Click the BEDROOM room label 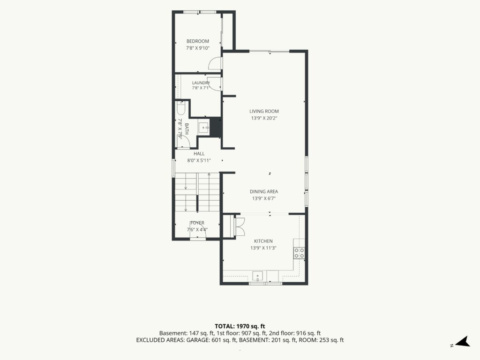click(198, 41)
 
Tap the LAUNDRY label click(201, 82)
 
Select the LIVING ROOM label click(264, 112)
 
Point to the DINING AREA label click(264, 192)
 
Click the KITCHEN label click(263, 241)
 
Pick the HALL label click(199, 154)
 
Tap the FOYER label click(197, 223)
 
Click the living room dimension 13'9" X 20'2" click(264, 118)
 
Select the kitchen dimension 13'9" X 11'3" click(263, 248)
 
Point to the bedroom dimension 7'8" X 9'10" click(198, 48)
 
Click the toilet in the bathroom click(181, 108)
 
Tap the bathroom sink click(203, 127)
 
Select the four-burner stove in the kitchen click(299, 253)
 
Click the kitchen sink click(258, 276)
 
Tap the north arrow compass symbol click(463, 342)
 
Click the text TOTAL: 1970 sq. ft click(240, 326)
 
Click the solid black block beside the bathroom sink click(216, 127)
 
